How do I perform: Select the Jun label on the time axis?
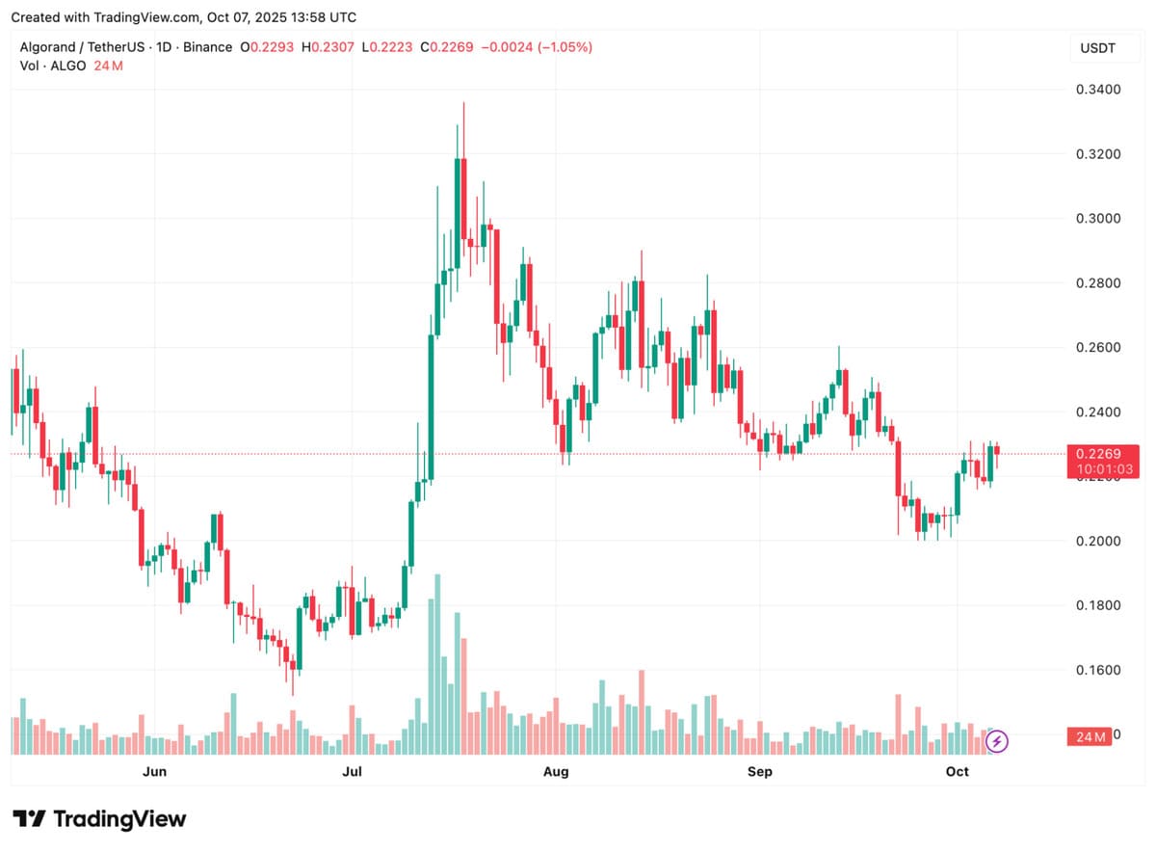pos(154,771)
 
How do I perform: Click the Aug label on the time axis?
pos(556,771)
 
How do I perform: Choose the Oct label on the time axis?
pos(957,771)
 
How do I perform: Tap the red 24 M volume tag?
pos(1090,737)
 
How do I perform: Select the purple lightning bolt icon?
pos(999,741)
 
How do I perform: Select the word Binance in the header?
pos(209,47)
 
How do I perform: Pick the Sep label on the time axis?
pos(760,771)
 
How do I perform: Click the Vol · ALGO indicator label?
pos(53,66)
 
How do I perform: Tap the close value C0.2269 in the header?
pos(447,47)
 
